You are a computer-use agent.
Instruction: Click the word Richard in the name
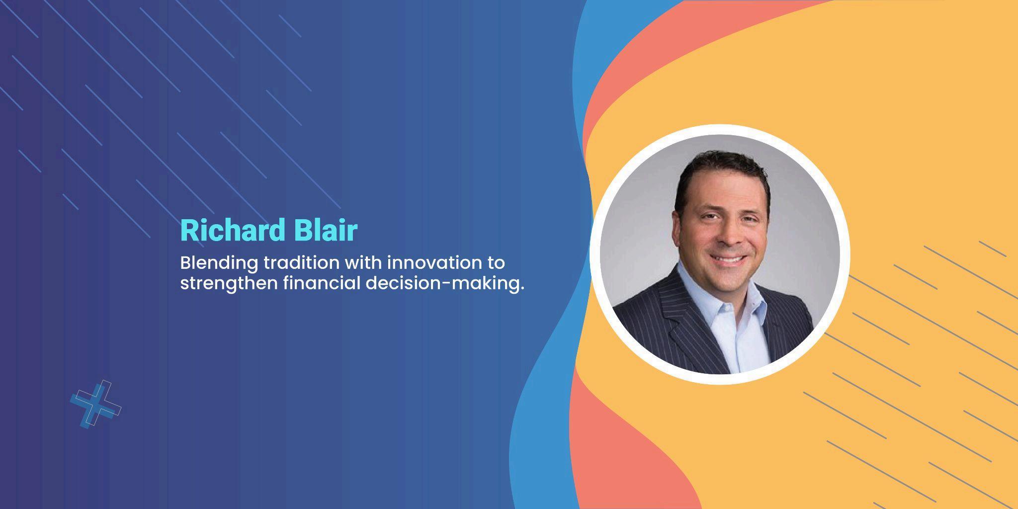click(233, 230)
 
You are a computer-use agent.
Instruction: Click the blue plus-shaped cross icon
click(96, 404)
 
